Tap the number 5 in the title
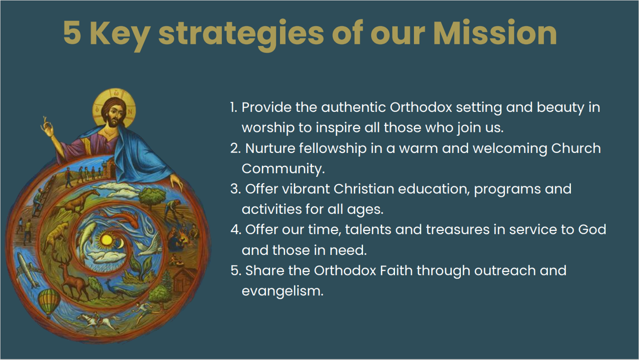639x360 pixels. pos(72,33)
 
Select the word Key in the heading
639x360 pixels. pos(120,35)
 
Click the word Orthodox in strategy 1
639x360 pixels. pos(421,107)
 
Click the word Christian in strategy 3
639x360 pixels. pos(363,189)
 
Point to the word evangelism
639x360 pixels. pos(282,291)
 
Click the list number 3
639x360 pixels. pos(236,189)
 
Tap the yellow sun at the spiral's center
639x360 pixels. pos(106,239)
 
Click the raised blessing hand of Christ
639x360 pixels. pos(47,127)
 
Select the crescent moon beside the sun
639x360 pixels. pos(121,243)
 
